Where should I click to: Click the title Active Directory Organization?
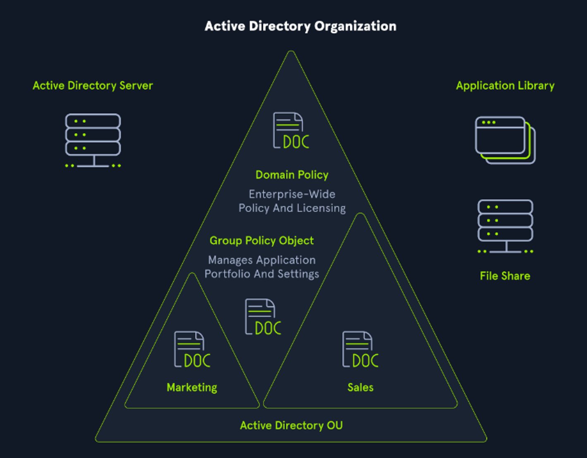[x=301, y=26]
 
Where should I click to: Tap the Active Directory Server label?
[x=93, y=86]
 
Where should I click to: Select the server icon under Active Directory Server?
[x=93, y=140]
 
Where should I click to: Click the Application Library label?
[x=505, y=86]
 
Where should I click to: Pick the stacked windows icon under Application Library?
[x=505, y=140]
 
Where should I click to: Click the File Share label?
[x=505, y=276]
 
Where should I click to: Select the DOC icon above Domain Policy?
[x=291, y=131]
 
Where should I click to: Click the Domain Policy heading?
[x=292, y=175]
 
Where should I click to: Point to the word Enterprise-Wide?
[x=292, y=194]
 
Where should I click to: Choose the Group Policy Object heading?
[x=262, y=241]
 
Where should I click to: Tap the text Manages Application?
[x=262, y=260]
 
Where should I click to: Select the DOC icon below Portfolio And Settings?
[x=263, y=317]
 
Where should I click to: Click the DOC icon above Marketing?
[x=192, y=350]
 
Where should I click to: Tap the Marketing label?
[x=192, y=387]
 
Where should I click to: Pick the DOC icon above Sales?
[x=360, y=350]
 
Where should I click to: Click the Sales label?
[x=360, y=387]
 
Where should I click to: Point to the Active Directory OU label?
[x=291, y=425]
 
